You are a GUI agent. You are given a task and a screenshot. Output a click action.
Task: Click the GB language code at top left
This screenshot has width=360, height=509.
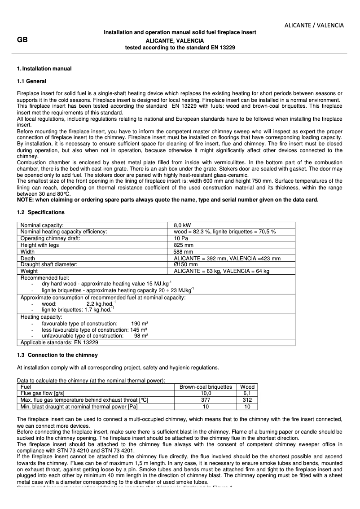pos(22,40)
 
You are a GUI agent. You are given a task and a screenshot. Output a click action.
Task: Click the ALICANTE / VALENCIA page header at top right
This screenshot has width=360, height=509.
pos(314,25)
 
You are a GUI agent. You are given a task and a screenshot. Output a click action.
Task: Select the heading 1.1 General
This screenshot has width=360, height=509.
pos(31,81)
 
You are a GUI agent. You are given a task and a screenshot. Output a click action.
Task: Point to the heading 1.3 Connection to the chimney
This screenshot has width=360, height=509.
pos(57,355)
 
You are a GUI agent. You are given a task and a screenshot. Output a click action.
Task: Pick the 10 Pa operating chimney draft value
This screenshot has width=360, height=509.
pos(181,238)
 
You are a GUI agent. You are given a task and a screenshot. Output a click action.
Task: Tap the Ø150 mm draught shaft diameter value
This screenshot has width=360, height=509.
pos(185,264)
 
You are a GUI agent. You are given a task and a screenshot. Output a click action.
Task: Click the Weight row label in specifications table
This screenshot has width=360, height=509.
pos(29,271)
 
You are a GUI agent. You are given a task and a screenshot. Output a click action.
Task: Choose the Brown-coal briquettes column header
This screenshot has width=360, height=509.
pos(206,386)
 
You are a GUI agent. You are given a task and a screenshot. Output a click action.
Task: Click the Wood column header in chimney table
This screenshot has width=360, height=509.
pos(247,386)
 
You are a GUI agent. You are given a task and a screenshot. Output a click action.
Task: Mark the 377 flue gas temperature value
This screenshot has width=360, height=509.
pos(206,399)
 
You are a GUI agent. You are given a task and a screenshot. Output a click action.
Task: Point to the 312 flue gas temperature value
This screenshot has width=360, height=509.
pos(247,399)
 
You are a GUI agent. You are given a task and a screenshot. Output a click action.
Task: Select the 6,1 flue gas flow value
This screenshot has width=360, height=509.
pos(247,393)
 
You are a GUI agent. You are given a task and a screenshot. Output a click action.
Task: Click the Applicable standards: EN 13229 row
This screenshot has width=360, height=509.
pos(59,342)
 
